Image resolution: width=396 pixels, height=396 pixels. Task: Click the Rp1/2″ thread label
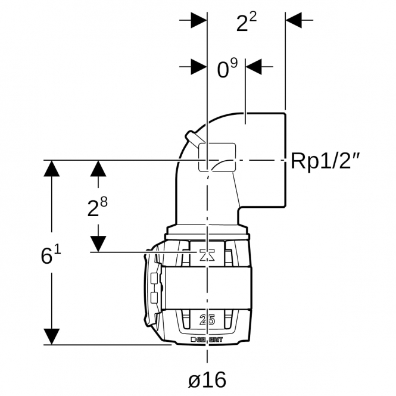[x=325, y=161]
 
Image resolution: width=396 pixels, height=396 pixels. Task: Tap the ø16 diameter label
[x=207, y=379]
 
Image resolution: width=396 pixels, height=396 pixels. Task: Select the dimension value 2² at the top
[x=247, y=22]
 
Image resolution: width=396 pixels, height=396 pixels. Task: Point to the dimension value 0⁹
[x=227, y=68]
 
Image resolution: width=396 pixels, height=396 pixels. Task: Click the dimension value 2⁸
[x=97, y=207]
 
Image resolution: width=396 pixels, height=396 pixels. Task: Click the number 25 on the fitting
[x=207, y=320]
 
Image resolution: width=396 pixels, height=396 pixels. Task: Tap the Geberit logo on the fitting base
[x=207, y=339]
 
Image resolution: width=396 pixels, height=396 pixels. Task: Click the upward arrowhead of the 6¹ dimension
[x=52, y=169]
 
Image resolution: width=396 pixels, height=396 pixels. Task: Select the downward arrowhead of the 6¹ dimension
[x=52, y=336]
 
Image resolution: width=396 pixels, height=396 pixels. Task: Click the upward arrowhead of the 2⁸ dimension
[x=98, y=169]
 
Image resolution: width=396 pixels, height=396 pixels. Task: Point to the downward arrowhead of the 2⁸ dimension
[x=98, y=244]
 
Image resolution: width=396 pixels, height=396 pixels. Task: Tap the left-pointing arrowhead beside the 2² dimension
[x=294, y=20]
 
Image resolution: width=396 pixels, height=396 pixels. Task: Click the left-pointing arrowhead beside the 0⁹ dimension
[x=254, y=67]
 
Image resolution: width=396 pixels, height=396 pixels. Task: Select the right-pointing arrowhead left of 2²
[x=199, y=20]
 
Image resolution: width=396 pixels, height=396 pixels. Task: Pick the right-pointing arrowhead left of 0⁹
[x=199, y=67]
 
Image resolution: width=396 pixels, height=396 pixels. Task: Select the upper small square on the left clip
[x=154, y=279]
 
